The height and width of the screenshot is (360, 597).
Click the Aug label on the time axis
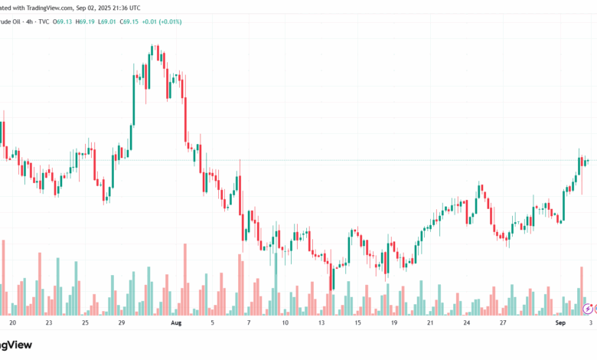176,323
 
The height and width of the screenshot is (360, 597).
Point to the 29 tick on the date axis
121,323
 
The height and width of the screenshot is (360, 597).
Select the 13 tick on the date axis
321,323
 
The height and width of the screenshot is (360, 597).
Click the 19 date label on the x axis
394,323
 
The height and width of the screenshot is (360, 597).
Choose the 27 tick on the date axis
503,323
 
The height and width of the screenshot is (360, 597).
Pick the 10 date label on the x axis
285,323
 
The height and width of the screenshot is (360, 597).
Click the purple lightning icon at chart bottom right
587,309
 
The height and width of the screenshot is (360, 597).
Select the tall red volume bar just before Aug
184,279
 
